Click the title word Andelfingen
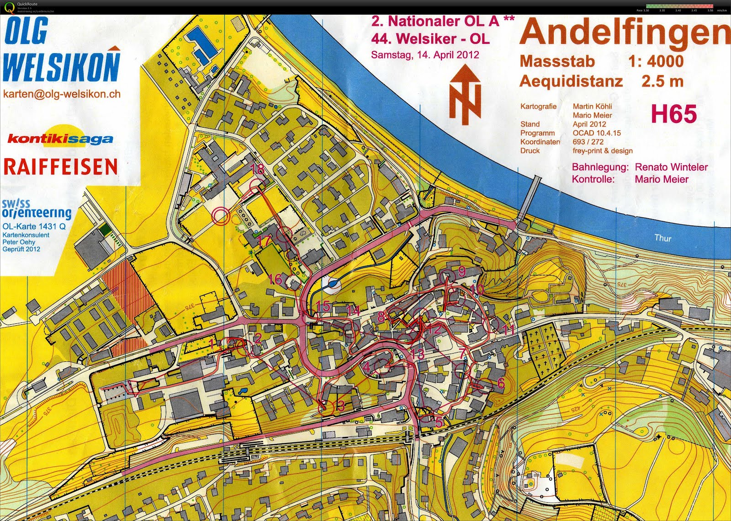point(624,33)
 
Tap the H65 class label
point(673,114)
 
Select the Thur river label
point(662,238)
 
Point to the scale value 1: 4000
point(656,61)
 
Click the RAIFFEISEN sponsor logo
point(60,167)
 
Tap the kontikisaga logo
point(60,138)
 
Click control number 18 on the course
point(258,169)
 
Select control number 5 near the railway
point(439,422)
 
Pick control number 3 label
point(340,405)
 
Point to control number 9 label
point(461,271)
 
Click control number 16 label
point(275,279)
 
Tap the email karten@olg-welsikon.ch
point(62,94)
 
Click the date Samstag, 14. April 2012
point(425,55)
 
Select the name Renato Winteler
point(671,167)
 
